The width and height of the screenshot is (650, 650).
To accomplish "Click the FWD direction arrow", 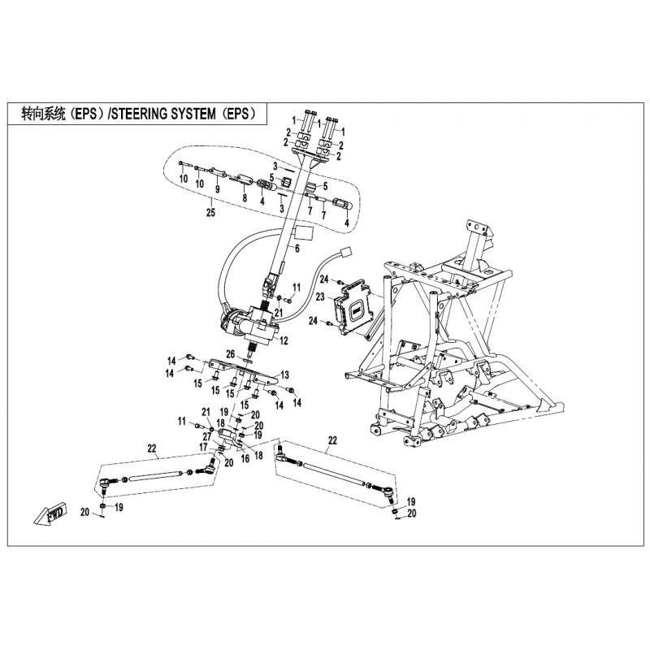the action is click(x=50, y=514).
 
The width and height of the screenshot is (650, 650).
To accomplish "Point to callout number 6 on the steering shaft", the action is click(x=297, y=249).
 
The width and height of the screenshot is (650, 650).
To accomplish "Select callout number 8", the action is click(x=245, y=198).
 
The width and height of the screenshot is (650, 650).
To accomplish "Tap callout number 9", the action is click(x=217, y=189).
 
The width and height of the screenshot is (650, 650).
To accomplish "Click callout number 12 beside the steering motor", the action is click(x=284, y=341).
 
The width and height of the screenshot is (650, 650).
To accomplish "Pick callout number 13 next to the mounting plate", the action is click(x=285, y=375).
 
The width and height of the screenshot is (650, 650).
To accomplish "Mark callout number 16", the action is click(x=245, y=459).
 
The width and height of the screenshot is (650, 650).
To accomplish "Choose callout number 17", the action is click(x=203, y=448).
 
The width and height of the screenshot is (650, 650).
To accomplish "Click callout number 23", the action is click(x=320, y=297).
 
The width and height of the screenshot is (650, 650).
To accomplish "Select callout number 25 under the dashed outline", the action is click(x=211, y=213).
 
